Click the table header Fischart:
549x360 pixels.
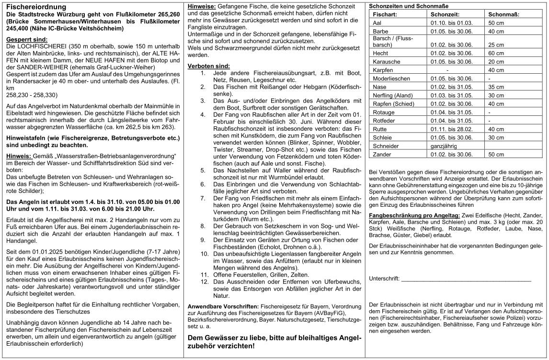pos(386,14)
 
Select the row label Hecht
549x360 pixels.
pos(380,53)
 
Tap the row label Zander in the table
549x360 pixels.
pos(382,154)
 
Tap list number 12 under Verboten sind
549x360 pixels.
pos(204,282)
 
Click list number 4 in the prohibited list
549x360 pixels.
pos(203,115)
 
